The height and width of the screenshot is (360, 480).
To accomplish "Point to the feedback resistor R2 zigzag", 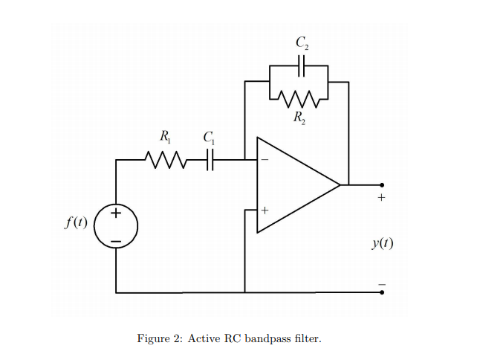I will pyautogui.click(x=299, y=97).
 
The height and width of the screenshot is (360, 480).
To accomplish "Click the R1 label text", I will pyautogui.click(x=163, y=136).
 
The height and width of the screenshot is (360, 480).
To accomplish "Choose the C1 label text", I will pyautogui.click(x=209, y=136).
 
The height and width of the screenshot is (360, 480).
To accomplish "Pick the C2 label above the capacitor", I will pyautogui.click(x=301, y=43).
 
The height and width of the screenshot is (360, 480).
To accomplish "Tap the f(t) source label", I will pyautogui.click(x=75, y=222).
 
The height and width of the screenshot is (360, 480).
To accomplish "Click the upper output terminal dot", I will pyautogui.click(x=382, y=184).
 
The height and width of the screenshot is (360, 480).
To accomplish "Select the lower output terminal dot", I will pyautogui.click(x=382, y=292).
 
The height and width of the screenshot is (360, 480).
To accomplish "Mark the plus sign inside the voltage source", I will pyautogui.click(x=116, y=214).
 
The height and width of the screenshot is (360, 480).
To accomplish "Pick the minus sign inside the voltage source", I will pyautogui.click(x=116, y=240).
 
